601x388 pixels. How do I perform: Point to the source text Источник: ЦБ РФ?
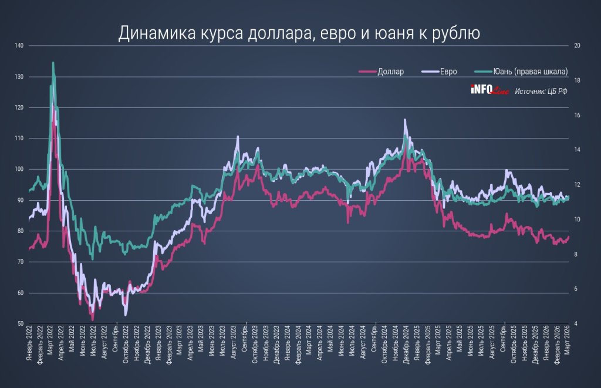coord(542,91)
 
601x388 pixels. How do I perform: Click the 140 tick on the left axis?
coord(20,46)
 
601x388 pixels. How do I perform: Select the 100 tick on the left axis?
coord(20,170)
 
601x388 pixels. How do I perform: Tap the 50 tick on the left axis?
coord(21,324)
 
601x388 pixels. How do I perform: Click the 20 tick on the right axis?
coord(577,46)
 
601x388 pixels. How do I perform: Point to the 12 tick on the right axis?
coord(577,185)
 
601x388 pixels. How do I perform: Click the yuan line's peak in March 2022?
coord(53,62)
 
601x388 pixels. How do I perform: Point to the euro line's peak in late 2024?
coord(405,120)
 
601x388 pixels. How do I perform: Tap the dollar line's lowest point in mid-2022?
coord(92,320)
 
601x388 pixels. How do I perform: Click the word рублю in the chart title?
coord(459,33)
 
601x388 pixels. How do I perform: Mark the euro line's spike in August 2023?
coord(238,136)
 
